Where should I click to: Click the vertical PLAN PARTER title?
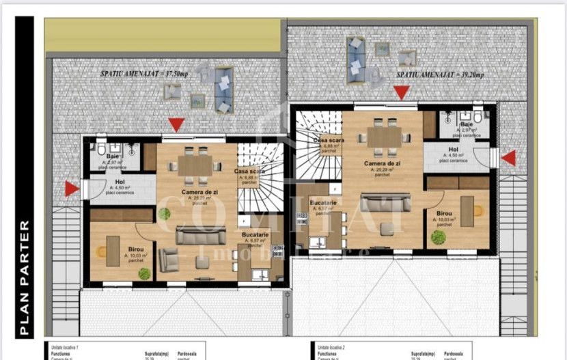25,277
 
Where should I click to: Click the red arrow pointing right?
71,189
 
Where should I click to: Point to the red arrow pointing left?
508,158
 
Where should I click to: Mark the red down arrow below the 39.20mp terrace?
402,92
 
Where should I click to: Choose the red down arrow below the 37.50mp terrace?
176,124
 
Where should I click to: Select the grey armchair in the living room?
168,260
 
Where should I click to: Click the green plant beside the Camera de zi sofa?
165,213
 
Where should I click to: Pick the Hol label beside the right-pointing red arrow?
120,182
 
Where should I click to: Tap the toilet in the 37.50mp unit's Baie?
100,149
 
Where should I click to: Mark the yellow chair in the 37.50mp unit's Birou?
100,252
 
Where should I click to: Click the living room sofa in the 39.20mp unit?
387,202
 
